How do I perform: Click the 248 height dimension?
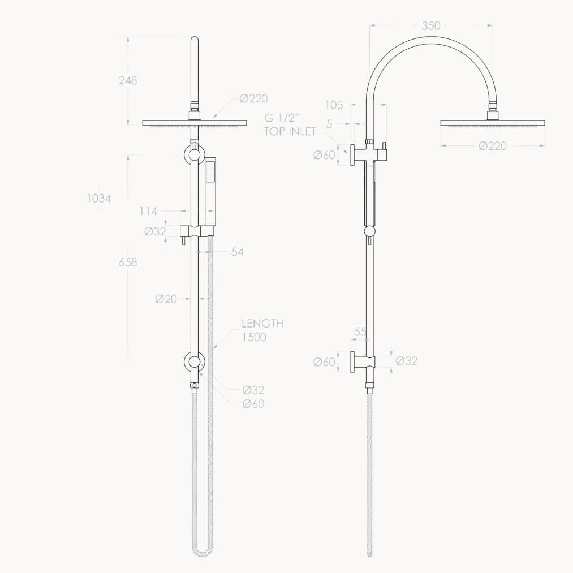point(128,80)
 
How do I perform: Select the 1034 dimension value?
point(99,198)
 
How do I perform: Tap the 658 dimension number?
point(128,262)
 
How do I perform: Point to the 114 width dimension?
point(148,211)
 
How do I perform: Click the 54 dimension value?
point(237,252)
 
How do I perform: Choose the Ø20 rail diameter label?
point(166,299)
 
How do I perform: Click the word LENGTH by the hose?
point(262,324)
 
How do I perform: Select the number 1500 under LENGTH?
point(254,337)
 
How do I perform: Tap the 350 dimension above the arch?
point(430,25)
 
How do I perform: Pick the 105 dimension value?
point(334,105)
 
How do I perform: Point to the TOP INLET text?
point(290,132)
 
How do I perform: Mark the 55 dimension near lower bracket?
point(360,333)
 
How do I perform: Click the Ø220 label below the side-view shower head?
point(492,147)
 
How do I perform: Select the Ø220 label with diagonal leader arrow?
point(253,99)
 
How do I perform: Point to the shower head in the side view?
point(492,122)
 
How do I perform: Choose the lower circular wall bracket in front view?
point(195,363)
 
